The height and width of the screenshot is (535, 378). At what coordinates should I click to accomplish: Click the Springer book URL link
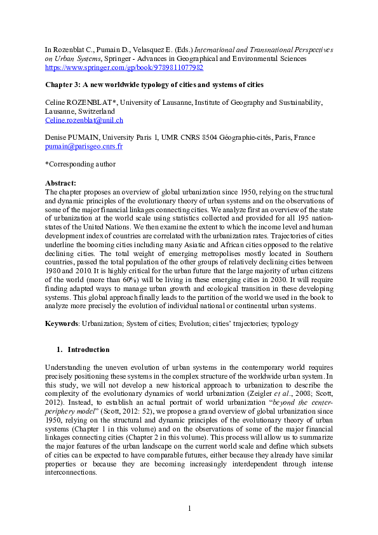124,67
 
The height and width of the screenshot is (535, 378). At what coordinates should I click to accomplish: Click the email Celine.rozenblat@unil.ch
84,119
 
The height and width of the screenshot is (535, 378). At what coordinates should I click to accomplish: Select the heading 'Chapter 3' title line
154,85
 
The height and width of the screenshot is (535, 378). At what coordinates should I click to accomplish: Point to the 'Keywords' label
62,323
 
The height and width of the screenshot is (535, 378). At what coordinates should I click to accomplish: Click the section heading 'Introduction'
88,349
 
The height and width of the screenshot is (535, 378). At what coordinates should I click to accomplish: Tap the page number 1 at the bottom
189,508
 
